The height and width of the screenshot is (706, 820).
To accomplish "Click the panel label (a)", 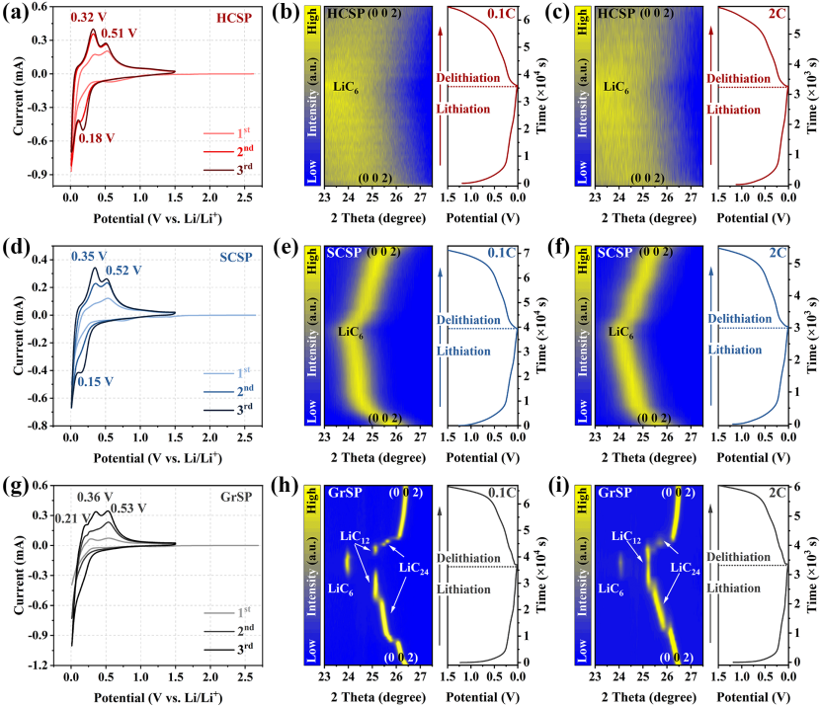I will tap(16, 13).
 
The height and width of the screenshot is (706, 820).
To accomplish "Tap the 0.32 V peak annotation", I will tap(61, 18).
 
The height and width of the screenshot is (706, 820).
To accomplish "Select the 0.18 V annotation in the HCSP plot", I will tap(100, 138).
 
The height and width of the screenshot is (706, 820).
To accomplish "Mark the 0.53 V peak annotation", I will tap(129, 509).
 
